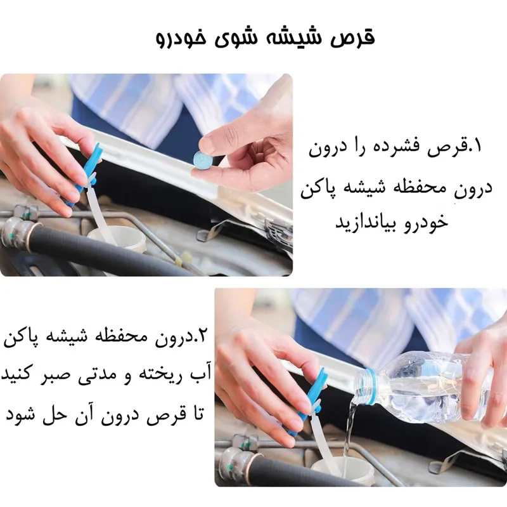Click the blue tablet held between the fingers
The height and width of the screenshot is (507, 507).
coord(202,160)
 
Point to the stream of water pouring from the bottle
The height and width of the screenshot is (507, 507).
coord(351,431)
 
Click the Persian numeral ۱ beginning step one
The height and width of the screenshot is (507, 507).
coord(477,146)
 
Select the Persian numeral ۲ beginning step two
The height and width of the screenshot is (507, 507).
coord(200,337)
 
